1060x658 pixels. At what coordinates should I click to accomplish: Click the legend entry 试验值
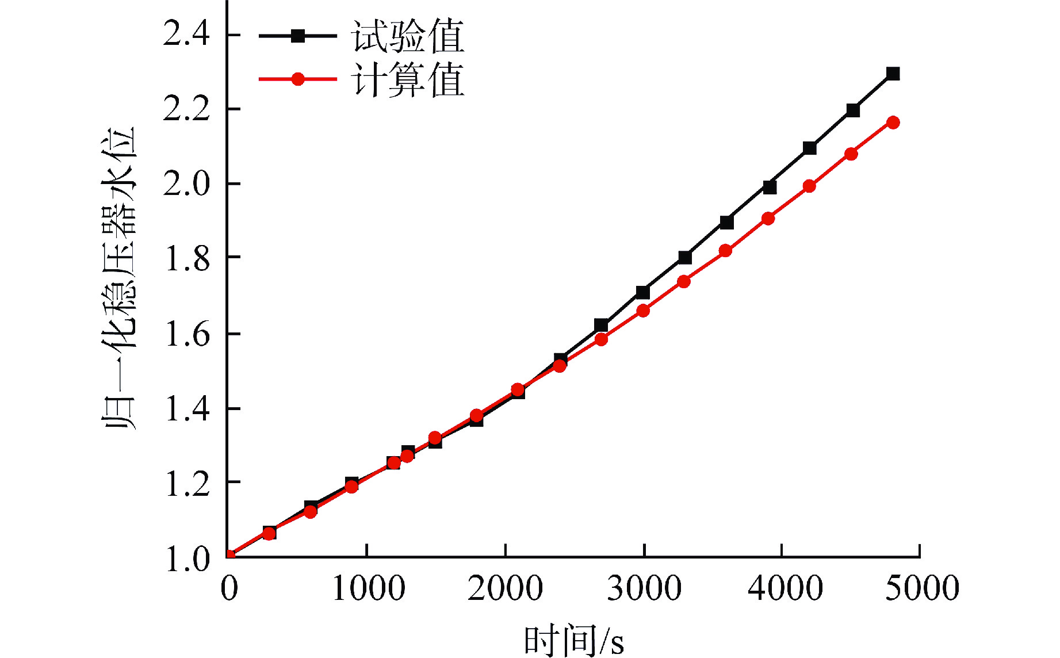tap(407, 36)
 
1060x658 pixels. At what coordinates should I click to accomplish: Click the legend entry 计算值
tap(407, 79)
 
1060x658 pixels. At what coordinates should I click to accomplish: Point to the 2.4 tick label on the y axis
tap(186, 33)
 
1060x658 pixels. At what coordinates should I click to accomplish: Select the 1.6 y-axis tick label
tap(186, 334)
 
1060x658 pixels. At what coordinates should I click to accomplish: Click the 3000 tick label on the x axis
tap(644, 588)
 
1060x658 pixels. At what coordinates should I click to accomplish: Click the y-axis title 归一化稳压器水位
tap(119, 278)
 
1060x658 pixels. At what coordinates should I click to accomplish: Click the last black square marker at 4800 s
tap(893, 74)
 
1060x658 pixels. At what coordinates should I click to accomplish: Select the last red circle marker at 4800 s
tap(893, 123)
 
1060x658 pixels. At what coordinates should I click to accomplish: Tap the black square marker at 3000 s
tap(643, 292)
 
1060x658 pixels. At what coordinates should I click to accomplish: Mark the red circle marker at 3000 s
tap(643, 311)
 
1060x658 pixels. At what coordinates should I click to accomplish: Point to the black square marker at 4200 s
tap(809, 148)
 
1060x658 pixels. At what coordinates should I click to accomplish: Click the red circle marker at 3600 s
tap(725, 251)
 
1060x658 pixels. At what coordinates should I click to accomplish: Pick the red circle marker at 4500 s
tap(851, 154)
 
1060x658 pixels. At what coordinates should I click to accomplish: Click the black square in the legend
tap(297, 36)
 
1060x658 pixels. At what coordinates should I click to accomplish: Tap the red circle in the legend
tap(298, 79)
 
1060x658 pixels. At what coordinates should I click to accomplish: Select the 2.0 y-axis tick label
tap(186, 185)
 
